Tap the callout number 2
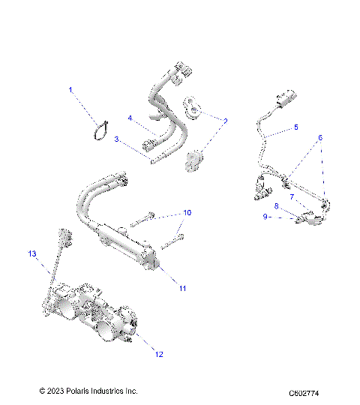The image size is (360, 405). click(x=226, y=120)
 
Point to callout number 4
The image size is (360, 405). click(x=129, y=118)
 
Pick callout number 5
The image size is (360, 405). click(x=295, y=127)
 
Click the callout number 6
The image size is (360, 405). click(x=319, y=138)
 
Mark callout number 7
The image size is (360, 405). click(x=292, y=197)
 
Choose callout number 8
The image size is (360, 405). click(x=277, y=205)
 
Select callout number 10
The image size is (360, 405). click(x=187, y=213)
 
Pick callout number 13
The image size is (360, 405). click(x=32, y=255)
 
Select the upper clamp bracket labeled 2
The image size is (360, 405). click(x=193, y=109)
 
